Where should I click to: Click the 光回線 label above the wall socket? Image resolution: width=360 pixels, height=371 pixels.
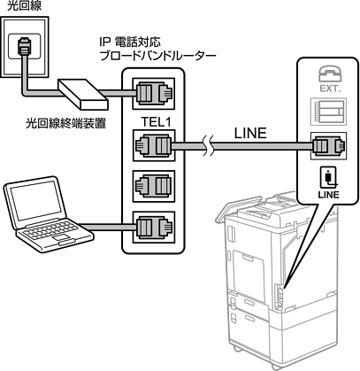click(24, 5)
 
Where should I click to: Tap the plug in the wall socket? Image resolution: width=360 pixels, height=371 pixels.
click(24, 45)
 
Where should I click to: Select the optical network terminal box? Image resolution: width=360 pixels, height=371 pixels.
click(83, 94)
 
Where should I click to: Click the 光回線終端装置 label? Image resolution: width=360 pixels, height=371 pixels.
click(65, 123)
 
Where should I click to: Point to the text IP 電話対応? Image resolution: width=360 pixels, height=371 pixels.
click(130, 43)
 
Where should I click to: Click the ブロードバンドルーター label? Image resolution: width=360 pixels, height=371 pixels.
click(157, 55)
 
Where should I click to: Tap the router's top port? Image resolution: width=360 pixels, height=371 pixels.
click(154, 94)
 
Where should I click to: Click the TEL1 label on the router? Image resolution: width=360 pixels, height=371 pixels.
click(156, 122)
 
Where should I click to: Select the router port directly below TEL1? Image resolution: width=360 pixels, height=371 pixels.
click(154, 145)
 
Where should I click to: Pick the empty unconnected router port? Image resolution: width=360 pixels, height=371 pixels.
click(154, 186)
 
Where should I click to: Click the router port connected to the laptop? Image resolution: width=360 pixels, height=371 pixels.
click(154, 228)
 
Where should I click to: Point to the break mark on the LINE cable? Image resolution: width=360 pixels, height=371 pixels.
click(209, 146)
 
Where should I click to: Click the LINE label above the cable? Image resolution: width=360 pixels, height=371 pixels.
click(250, 134)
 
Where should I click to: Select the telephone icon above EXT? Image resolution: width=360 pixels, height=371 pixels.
click(330, 74)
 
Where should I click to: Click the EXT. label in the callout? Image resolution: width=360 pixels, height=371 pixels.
click(330, 89)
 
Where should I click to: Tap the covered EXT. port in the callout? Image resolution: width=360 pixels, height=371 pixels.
click(328, 112)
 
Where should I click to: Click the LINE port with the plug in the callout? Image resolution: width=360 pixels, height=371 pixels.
click(328, 146)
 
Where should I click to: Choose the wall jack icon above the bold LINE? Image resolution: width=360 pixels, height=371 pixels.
click(329, 177)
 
